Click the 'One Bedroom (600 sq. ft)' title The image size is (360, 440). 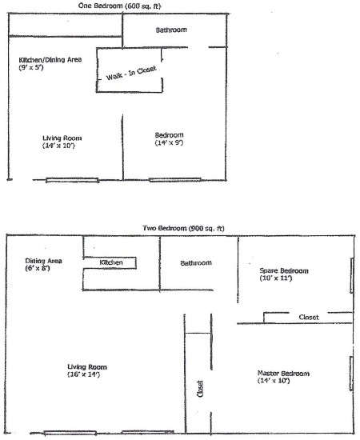[x=119, y=6]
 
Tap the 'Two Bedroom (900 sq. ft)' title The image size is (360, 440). [x=183, y=228]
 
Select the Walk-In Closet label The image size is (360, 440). [x=130, y=73]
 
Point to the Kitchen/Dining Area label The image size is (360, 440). [x=50, y=59]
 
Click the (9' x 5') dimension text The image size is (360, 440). [x=31, y=67]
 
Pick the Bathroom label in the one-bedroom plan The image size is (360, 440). [x=171, y=30]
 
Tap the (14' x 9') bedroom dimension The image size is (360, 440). [x=169, y=142]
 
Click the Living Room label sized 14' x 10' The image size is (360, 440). [x=62, y=138]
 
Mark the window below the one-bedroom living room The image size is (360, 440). [x=72, y=180]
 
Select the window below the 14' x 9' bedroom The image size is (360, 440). [x=175, y=179]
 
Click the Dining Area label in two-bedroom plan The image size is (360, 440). [x=43, y=261]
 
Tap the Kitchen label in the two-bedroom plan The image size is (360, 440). [x=111, y=262]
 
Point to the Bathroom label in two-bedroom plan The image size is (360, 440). [x=196, y=263]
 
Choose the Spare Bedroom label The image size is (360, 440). [x=284, y=270]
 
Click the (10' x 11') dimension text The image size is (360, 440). [x=276, y=278]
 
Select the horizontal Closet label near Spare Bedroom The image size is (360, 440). [x=309, y=317]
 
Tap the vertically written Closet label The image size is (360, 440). [x=200, y=389]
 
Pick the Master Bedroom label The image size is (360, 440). [x=283, y=374]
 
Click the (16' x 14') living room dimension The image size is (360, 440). [x=84, y=374]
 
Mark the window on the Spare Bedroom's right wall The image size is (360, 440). [x=351, y=275]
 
